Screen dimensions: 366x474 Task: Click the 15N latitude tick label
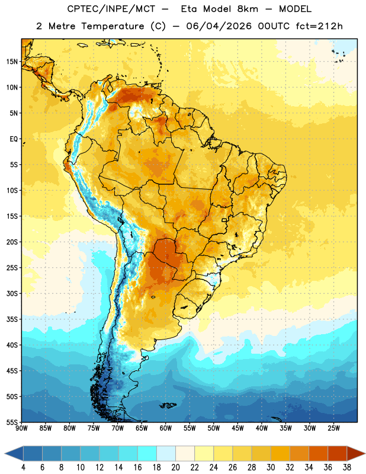tap(12, 62)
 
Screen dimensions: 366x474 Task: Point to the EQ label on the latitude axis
tap(14, 139)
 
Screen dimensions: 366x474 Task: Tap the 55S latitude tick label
tap(12, 422)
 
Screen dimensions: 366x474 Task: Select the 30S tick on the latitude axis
tap(12, 293)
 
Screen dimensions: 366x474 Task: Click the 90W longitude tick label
tap(21, 428)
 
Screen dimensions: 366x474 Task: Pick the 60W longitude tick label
tap(166, 428)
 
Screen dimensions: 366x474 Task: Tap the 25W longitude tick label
tap(333, 428)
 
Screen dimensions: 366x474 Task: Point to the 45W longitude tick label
tap(237, 428)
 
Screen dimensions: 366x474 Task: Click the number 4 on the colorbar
tap(23, 467)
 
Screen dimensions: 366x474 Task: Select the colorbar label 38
tap(347, 467)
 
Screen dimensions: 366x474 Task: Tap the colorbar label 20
tap(175, 467)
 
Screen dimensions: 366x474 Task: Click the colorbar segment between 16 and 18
tap(147, 453)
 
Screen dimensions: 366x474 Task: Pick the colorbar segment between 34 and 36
tap(318, 453)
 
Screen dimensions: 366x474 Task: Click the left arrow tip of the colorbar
tap(5, 453)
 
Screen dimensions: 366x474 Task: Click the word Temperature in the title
tap(113, 26)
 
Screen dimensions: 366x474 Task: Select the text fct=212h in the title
tap(319, 26)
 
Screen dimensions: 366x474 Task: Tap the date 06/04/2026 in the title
tap(219, 26)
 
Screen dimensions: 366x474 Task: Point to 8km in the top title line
tap(248, 9)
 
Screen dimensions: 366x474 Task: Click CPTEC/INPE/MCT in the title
tap(111, 9)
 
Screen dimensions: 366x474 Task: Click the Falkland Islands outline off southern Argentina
tap(168, 405)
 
